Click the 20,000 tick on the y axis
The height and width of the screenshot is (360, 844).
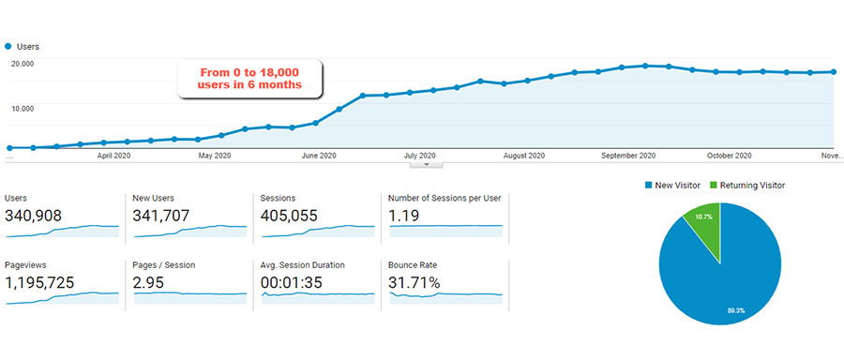coord(23,64)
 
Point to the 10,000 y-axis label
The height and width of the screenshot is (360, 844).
coord(23,108)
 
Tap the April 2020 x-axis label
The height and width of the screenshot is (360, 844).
coord(113,156)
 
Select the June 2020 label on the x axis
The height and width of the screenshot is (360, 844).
coord(319,156)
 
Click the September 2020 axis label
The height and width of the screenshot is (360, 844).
coord(628,156)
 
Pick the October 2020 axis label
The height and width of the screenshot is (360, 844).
coord(729,156)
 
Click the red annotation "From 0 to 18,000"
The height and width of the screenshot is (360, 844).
coord(249,72)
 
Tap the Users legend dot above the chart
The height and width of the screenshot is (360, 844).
coord(8,47)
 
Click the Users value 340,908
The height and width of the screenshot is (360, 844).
coord(34,216)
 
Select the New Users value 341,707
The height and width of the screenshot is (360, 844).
coord(161,216)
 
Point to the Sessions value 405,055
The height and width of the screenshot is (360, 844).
coord(289,216)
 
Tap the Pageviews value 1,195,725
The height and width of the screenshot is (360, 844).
coord(39,282)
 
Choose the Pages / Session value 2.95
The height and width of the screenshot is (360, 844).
coord(148,282)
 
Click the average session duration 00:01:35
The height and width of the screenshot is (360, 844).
coord(292,282)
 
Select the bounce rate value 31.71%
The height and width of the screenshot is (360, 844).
coord(414,282)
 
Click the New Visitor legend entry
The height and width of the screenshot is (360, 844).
coord(672,185)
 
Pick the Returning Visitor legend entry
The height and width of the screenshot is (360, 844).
coord(747,185)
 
